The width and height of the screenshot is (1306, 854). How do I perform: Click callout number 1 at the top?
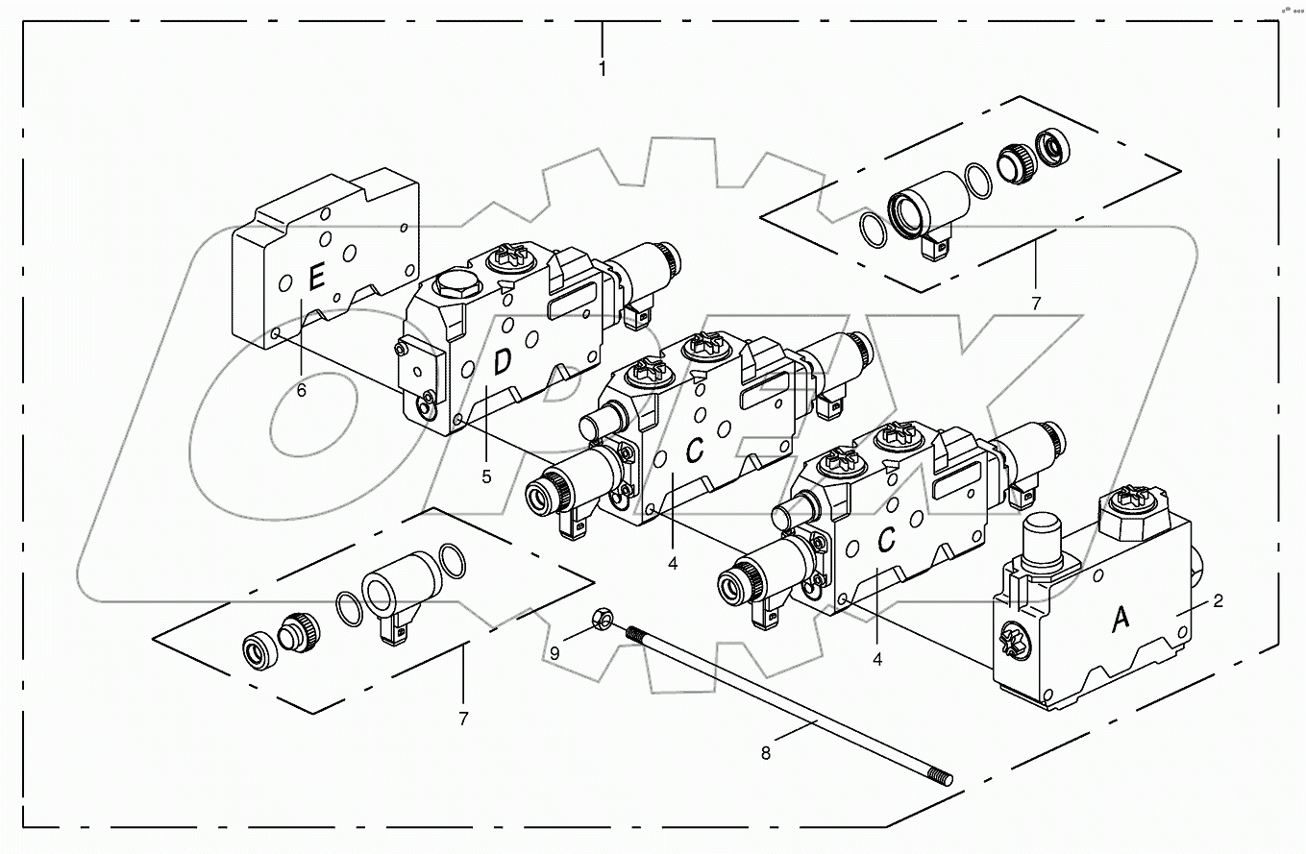(603, 69)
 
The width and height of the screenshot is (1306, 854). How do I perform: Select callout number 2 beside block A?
(1218, 602)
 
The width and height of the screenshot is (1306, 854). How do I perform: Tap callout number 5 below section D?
(486, 477)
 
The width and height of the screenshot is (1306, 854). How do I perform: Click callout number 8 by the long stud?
(766, 754)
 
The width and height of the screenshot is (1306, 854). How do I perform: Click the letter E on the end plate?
(315, 280)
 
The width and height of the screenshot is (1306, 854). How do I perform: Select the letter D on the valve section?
(502, 363)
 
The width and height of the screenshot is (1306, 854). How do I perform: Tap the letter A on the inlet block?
(1121, 622)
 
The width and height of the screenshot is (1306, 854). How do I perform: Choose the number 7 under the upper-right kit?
(1036, 304)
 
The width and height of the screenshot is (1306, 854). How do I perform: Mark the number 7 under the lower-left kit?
(463, 719)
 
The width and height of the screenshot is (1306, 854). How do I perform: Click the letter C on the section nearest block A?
(887, 541)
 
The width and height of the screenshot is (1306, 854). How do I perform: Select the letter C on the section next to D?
(698, 448)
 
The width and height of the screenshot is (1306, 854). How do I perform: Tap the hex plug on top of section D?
(449, 285)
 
